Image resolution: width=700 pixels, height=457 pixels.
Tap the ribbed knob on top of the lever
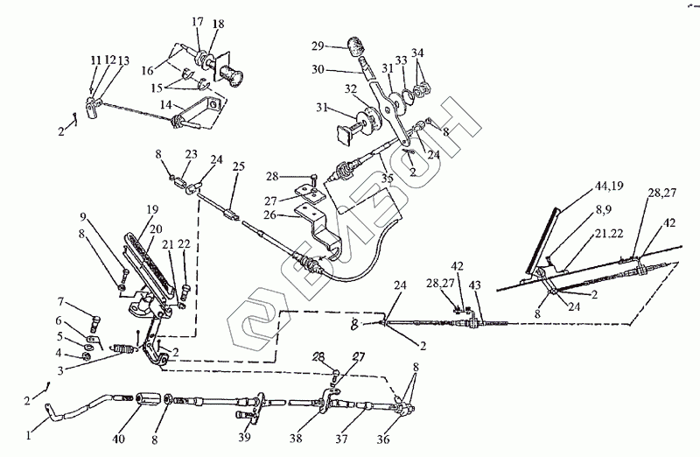pos(358,46)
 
